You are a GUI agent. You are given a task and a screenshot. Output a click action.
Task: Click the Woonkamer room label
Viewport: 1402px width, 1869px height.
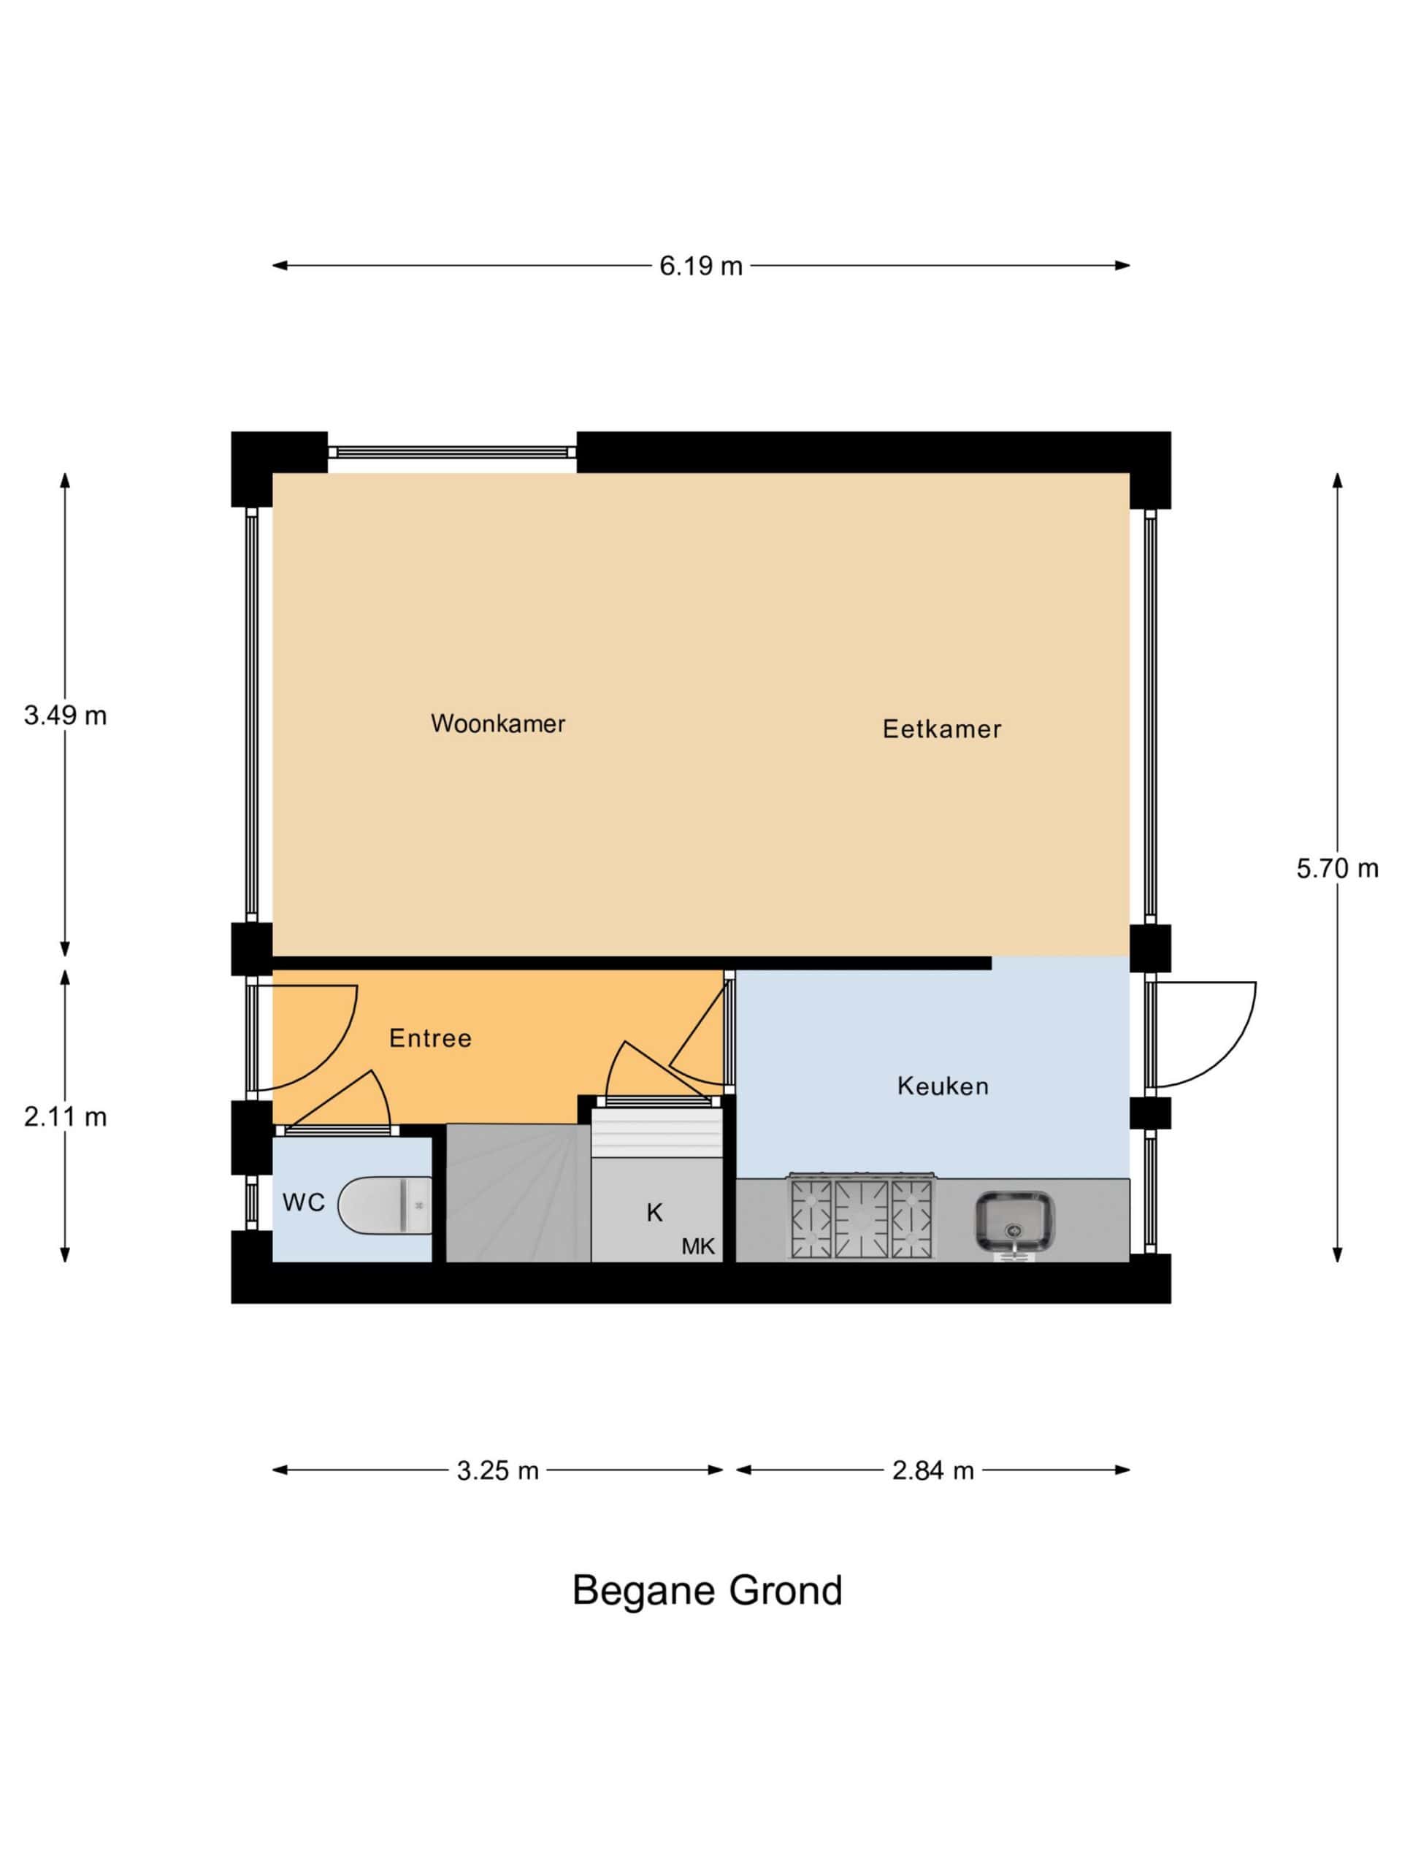coord(498,724)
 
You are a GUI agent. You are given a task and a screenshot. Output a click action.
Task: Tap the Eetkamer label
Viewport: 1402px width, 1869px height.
coord(941,729)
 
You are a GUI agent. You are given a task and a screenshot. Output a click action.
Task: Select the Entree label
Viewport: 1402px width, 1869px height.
coord(430,1038)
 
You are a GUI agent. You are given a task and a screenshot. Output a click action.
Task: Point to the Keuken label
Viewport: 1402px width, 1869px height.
coord(943,1086)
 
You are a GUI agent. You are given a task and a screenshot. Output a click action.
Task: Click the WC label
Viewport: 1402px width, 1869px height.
coord(303,1202)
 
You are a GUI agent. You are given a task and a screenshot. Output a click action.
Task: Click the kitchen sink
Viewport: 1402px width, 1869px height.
coord(1015,1223)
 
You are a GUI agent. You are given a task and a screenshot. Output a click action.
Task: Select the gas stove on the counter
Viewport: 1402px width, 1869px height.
coord(861,1217)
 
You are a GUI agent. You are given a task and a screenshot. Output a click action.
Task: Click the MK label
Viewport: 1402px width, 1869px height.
coord(698,1246)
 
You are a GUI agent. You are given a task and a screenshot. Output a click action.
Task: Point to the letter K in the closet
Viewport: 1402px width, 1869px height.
coord(654,1213)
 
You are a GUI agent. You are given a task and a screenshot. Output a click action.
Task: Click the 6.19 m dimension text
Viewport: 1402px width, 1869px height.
coord(700,267)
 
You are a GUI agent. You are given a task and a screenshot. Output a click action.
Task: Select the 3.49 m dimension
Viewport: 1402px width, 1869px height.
coord(65,715)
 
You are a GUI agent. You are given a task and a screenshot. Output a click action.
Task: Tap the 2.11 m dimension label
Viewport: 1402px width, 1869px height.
coord(65,1117)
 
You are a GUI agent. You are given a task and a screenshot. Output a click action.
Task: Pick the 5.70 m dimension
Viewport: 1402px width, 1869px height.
coord(1338,868)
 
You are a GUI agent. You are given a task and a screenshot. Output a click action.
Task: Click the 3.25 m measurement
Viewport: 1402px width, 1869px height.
coord(498,1471)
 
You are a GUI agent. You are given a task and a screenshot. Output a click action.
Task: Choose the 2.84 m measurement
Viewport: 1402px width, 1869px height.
coord(933,1471)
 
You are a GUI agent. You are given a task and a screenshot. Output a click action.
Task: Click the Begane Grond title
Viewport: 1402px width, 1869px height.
coord(708,1590)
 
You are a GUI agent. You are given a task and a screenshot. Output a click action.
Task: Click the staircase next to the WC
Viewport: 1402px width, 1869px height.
coord(517,1193)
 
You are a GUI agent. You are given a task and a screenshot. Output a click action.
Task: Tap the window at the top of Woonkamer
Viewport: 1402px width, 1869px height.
coord(452,452)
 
